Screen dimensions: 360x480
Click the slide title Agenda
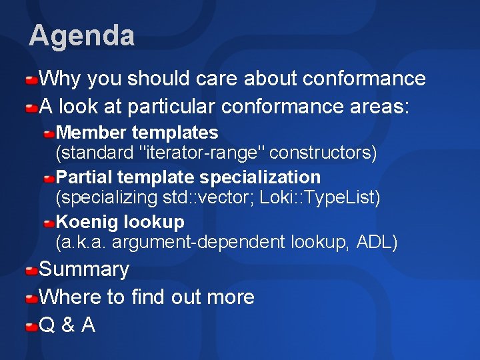tap(81, 35)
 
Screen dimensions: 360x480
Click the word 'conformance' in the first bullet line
tap(364, 79)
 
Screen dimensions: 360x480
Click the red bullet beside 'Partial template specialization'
tap(49, 179)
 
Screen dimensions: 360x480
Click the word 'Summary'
tap(84, 270)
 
